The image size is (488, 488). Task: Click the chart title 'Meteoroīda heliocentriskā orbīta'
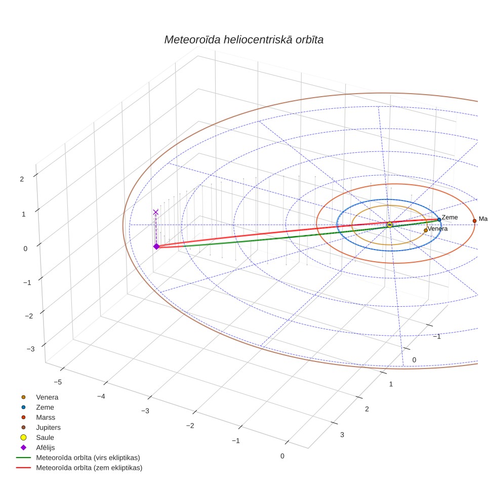pyautogui.click(x=243, y=40)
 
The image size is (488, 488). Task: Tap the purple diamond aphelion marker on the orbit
pyautogui.click(x=156, y=247)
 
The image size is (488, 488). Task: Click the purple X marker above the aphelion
pyautogui.click(x=156, y=212)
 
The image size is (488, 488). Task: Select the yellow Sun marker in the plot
pyautogui.click(x=389, y=225)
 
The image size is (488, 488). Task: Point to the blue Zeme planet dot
pyautogui.click(x=439, y=220)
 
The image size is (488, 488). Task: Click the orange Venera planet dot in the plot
pyautogui.click(x=426, y=231)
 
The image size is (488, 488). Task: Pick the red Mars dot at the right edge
pyautogui.click(x=475, y=221)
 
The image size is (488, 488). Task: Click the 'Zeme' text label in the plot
pyautogui.click(x=450, y=217)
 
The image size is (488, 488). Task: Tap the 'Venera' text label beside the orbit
pyautogui.click(x=437, y=229)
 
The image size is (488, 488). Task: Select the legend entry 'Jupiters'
pyautogui.click(x=48, y=427)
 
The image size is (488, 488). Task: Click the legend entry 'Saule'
pyautogui.click(x=45, y=437)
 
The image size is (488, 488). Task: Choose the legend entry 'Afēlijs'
pyautogui.click(x=46, y=448)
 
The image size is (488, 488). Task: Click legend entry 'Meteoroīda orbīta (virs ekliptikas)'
pyautogui.click(x=88, y=458)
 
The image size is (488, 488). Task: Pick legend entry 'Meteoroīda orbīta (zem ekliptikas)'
pyautogui.click(x=89, y=468)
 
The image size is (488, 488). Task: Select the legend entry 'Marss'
pyautogui.click(x=46, y=417)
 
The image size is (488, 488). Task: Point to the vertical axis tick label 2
pyautogui.click(x=22, y=179)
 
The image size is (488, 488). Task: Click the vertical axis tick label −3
pyautogui.click(x=30, y=349)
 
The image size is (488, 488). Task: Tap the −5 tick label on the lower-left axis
pyautogui.click(x=58, y=382)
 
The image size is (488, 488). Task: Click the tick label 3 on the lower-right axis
pyautogui.click(x=342, y=435)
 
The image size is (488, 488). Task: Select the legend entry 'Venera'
pyautogui.click(x=47, y=397)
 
